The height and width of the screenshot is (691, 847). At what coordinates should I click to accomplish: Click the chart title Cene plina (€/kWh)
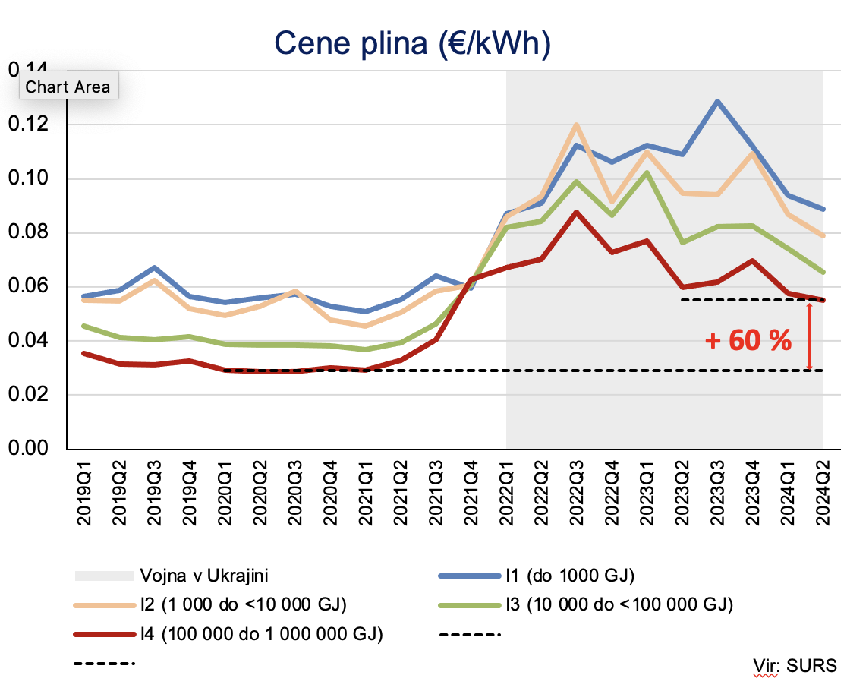(x=411, y=44)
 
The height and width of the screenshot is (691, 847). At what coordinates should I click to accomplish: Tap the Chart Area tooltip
(x=68, y=87)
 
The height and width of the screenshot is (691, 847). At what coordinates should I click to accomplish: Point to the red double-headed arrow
(x=809, y=335)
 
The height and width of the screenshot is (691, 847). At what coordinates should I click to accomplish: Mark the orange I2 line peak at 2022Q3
(x=576, y=125)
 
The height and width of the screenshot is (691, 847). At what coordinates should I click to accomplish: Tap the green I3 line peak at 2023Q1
(x=646, y=172)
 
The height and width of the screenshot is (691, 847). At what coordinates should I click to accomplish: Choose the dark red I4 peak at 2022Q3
(x=576, y=212)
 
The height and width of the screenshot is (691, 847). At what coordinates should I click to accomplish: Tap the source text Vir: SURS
(x=795, y=666)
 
